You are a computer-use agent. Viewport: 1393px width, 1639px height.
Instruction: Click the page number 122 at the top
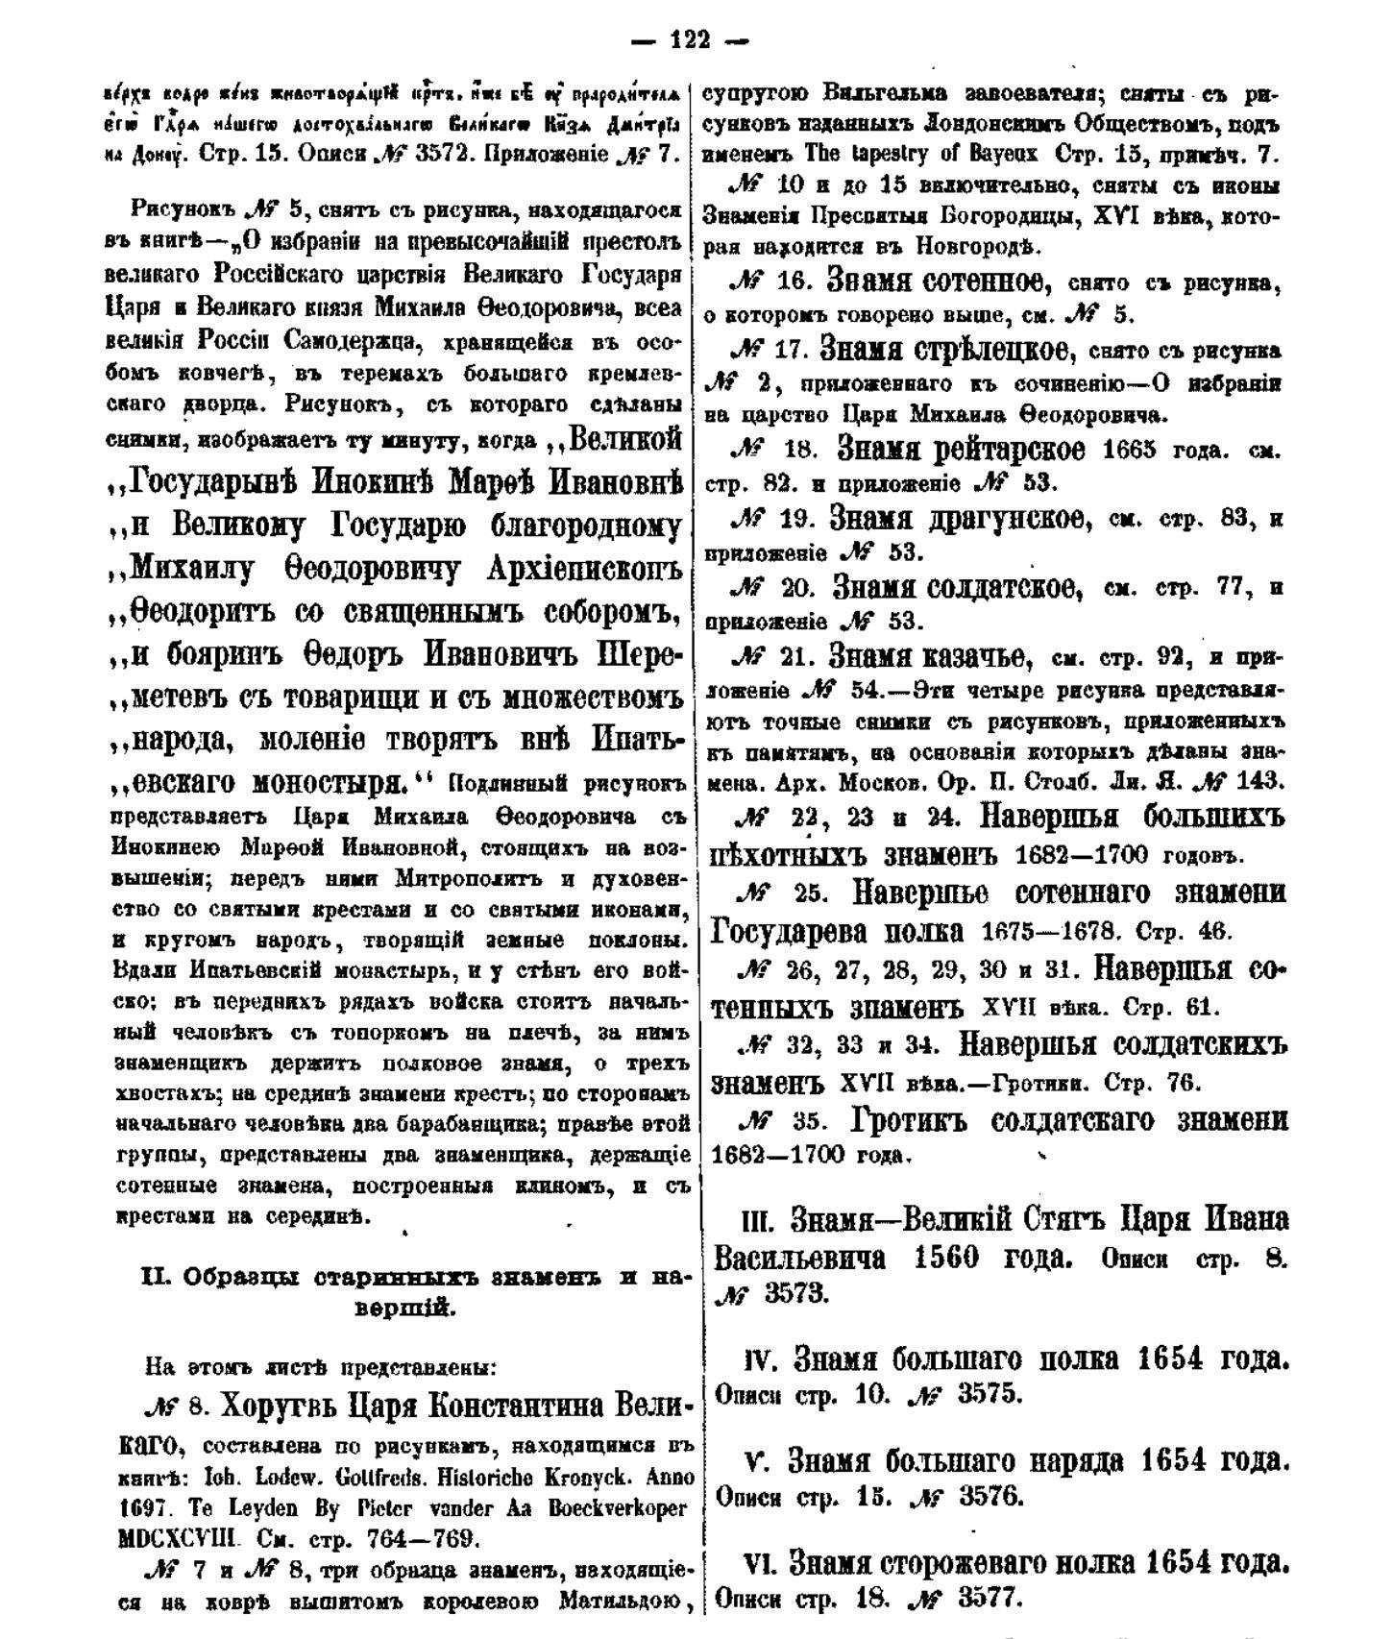tap(690, 39)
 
